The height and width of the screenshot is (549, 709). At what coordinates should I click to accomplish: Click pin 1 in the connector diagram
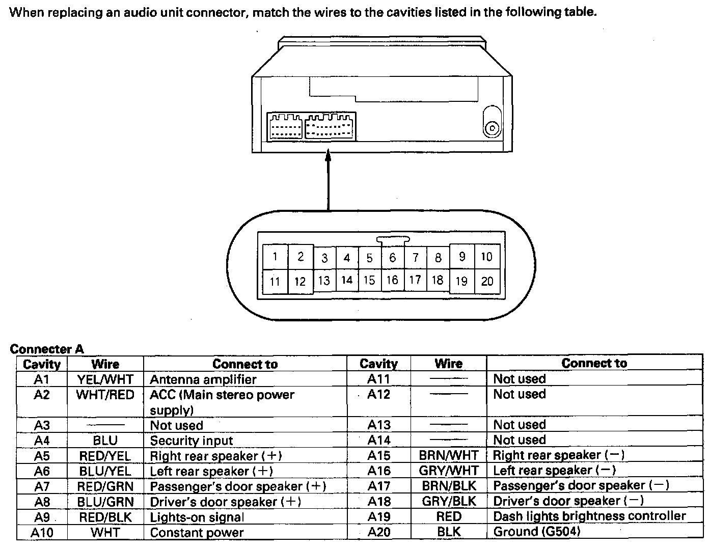275,257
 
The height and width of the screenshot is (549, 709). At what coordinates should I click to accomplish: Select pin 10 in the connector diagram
486,257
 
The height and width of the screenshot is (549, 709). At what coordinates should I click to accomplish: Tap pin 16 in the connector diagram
392,280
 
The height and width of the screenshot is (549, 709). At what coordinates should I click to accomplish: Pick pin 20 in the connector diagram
487,281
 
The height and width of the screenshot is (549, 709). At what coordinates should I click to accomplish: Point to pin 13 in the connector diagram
324,281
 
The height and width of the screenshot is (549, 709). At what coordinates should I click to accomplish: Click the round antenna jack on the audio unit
492,128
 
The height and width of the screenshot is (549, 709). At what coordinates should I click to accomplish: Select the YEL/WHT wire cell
105,379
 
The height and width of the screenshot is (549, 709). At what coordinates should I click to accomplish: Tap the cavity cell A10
42,533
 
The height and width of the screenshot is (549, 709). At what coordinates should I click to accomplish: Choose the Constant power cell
197,533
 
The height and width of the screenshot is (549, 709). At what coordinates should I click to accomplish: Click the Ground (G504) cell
536,532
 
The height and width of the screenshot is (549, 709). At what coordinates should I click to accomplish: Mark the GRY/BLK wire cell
448,501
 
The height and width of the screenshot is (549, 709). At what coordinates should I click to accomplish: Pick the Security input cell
191,441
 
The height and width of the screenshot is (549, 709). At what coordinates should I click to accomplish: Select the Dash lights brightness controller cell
589,516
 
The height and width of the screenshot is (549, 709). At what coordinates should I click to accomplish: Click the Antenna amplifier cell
203,379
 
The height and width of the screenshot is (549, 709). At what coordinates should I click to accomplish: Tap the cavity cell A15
378,455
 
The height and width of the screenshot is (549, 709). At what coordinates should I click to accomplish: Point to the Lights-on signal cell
197,517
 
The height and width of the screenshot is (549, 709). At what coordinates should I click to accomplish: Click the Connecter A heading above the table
47,349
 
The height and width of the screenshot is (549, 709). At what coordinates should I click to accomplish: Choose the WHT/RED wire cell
105,395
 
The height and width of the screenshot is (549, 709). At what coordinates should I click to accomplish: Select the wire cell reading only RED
448,516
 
